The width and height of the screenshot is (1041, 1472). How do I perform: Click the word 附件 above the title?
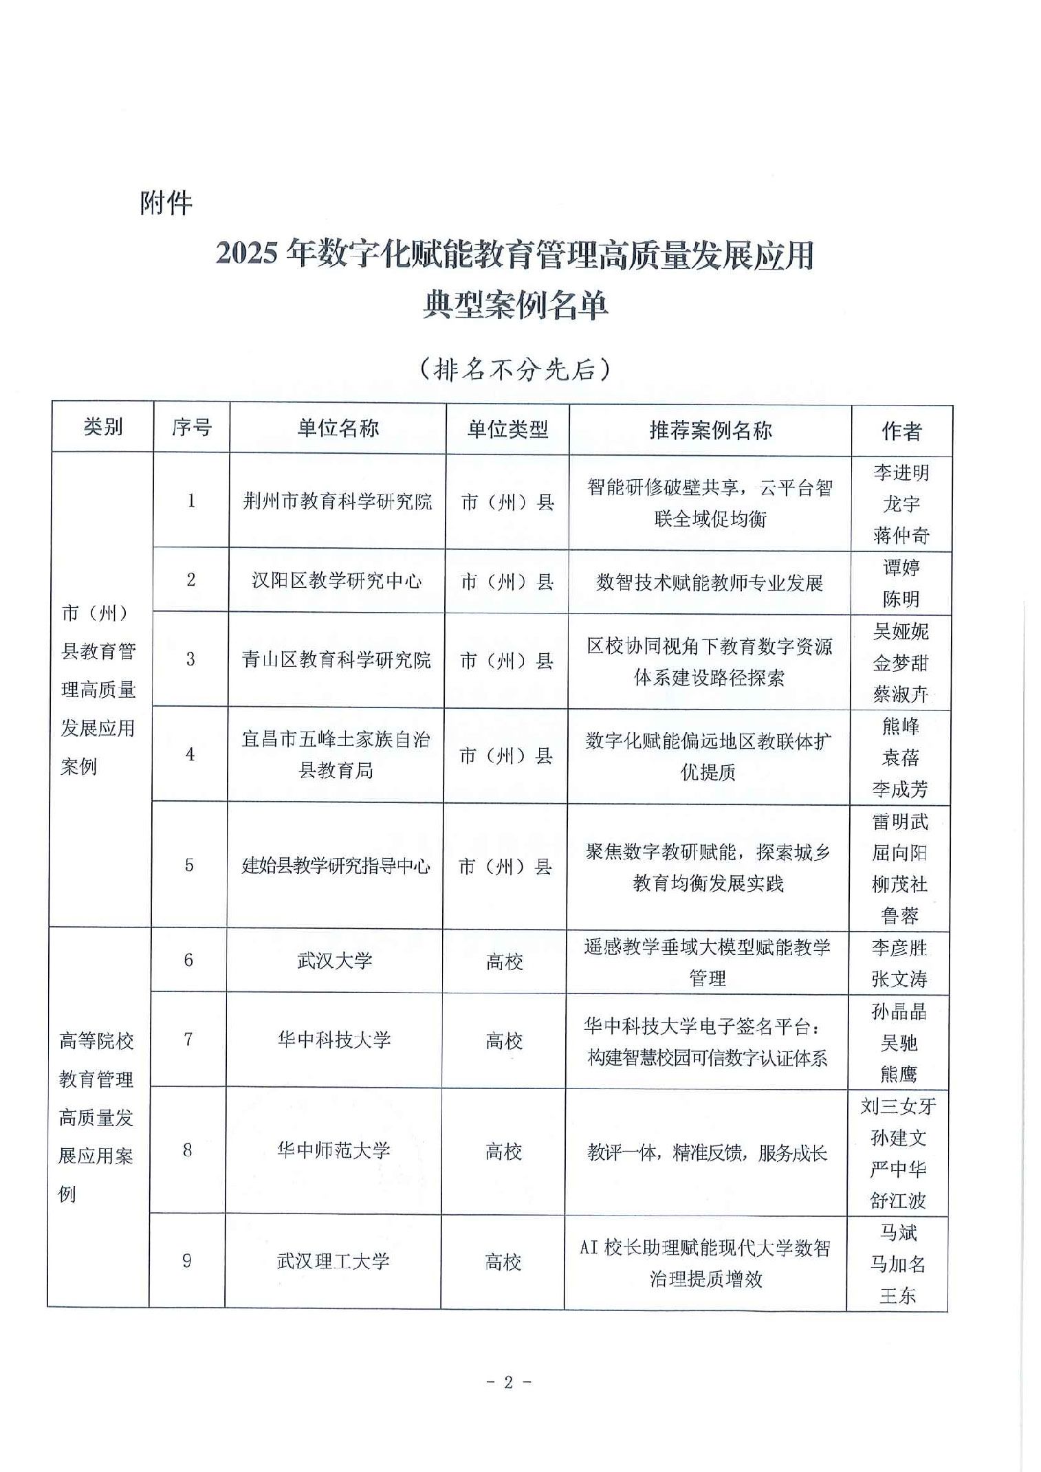166,203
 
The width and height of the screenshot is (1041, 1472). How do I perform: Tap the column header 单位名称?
338,428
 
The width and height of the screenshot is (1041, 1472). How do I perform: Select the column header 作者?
901,431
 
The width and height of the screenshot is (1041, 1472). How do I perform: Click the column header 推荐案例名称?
710,430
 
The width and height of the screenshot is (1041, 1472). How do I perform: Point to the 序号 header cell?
191,428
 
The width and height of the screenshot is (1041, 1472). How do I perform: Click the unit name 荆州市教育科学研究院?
337,501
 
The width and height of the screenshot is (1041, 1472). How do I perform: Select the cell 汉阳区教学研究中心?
336,581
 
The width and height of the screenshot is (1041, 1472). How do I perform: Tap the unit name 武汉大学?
334,960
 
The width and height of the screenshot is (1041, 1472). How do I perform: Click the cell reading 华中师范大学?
333,1150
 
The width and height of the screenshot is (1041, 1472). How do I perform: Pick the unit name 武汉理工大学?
333,1261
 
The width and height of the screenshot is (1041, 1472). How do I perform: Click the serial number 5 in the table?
189,865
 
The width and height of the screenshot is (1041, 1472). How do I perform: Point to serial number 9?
187,1260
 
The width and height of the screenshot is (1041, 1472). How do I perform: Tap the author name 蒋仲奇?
901,535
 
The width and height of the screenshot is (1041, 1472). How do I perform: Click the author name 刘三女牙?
898,1106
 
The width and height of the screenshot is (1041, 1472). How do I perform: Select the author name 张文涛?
899,978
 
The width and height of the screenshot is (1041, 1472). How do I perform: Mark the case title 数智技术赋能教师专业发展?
710,583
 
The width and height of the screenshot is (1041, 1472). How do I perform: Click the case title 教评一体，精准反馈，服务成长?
707,1152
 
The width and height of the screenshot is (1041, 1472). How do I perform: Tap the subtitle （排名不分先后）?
515,370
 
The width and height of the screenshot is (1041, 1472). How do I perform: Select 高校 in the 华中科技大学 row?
504,1041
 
